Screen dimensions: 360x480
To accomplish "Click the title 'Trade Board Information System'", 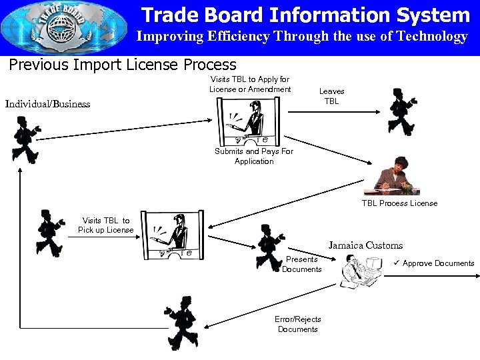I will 305,15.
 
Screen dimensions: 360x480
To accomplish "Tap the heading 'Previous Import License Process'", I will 122,65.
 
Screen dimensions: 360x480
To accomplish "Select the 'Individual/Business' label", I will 47,104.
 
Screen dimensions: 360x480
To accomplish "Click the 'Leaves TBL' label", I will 331,96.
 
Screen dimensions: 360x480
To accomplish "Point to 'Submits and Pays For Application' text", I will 254,156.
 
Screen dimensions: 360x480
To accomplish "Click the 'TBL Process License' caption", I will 399,203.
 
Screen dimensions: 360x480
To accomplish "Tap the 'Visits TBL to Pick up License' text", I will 105,225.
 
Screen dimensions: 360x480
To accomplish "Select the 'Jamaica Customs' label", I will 365,245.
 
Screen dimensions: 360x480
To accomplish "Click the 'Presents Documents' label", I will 301,264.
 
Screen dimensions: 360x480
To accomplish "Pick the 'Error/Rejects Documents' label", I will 297,324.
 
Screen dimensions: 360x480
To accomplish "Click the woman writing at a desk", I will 399,175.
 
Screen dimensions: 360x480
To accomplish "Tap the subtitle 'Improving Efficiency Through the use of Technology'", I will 302,37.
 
